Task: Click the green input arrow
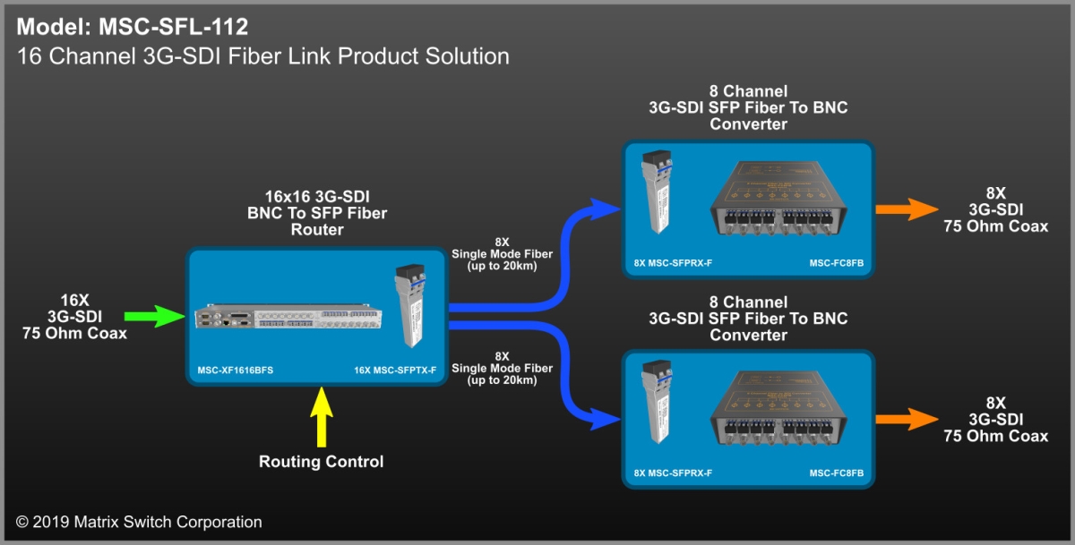pyautogui.click(x=153, y=316)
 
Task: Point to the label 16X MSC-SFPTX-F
pyautogui.click(x=394, y=370)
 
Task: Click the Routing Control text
pyautogui.click(x=321, y=462)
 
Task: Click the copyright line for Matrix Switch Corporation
pyautogui.click(x=139, y=522)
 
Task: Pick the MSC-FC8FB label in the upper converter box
pyautogui.click(x=837, y=264)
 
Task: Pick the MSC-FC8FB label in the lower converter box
pyautogui.click(x=837, y=473)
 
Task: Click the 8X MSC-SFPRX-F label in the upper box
pyautogui.click(x=673, y=264)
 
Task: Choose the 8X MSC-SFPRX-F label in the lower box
pyautogui.click(x=673, y=473)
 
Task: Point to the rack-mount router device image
pyautogui.click(x=287, y=318)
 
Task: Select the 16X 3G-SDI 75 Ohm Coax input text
pyautogui.click(x=74, y=317)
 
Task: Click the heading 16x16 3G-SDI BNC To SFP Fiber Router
pyautogui.click(x=317, y=213)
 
